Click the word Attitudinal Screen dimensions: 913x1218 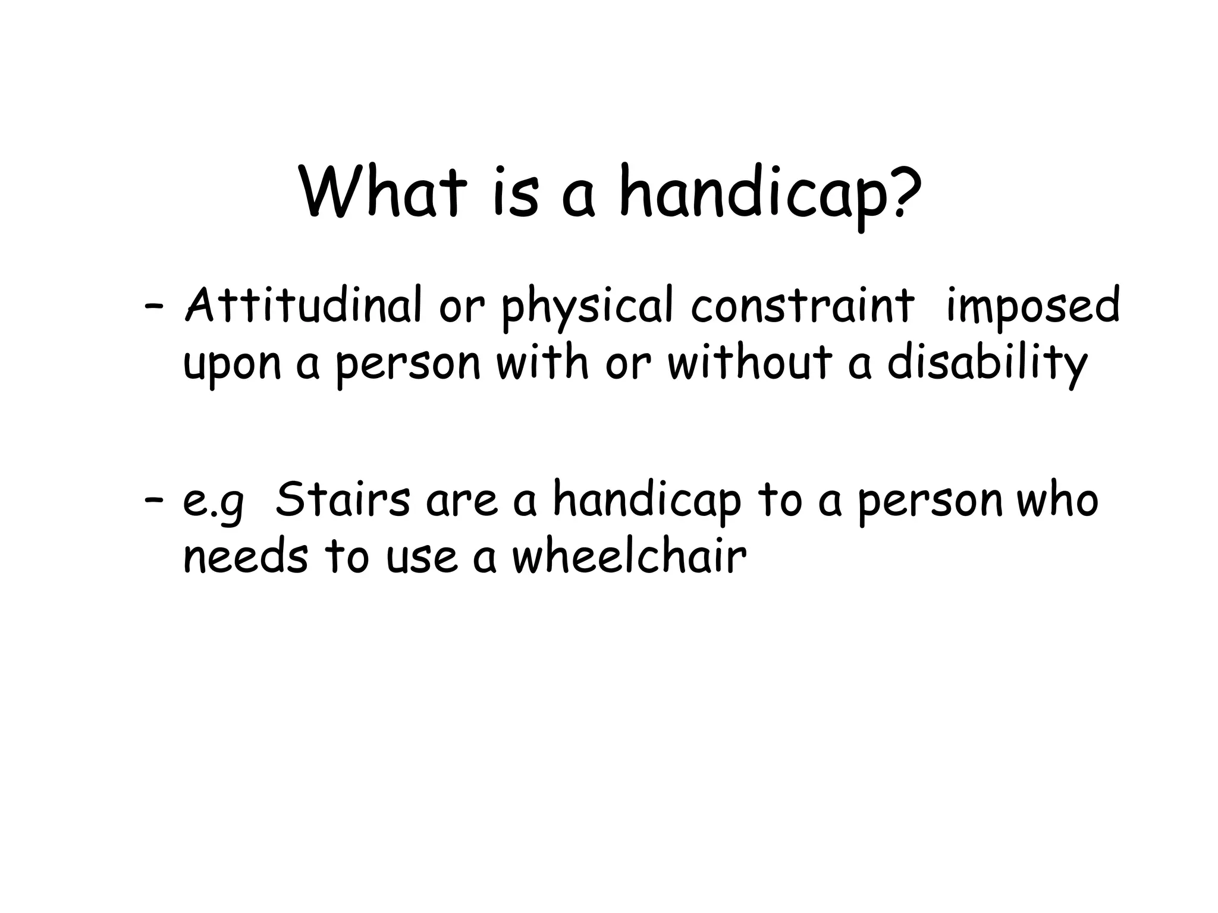tap(303, 306)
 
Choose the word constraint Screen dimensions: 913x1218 tap(802, 307)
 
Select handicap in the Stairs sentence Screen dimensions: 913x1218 tap(648, 502)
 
